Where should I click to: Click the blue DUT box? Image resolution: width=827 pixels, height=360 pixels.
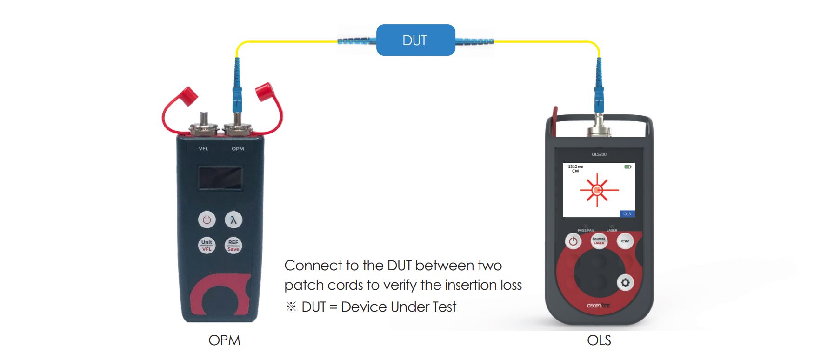click(x=415, y=40)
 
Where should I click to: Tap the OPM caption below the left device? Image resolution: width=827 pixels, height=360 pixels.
click(x=224, y=340)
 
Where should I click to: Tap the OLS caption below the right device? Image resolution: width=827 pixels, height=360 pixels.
click(x=599, y=340)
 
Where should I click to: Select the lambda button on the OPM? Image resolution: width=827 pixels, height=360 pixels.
click(x=233, y=220)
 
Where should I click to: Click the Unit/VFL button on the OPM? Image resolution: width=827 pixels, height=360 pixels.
click(x=207, y=245)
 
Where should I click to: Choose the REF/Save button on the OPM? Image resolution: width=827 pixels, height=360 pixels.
click(x=233, y=245)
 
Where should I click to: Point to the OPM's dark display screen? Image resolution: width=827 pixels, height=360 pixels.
click(x=220, y=178)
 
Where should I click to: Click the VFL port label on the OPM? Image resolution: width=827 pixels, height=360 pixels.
click(x=203, y=149)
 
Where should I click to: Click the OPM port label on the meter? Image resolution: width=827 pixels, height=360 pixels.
click(x=238, y=149)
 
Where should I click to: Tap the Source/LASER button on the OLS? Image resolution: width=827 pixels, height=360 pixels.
click(x=599, y=241)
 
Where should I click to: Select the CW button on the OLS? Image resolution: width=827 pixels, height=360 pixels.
click(x=625, y=241)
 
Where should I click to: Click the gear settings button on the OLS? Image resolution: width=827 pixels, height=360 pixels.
click(x=625, y=282)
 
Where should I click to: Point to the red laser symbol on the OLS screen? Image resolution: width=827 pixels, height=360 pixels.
click(x=598, y=190)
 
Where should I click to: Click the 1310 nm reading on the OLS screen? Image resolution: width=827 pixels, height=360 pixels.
click(x=575, y=167)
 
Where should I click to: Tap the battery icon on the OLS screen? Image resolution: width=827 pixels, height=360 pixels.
click(x=627, y=167)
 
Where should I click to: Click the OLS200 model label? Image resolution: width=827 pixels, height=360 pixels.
click(x=599, y=154)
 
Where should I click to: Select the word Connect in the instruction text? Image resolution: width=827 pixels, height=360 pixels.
click(x=313, y=266)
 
